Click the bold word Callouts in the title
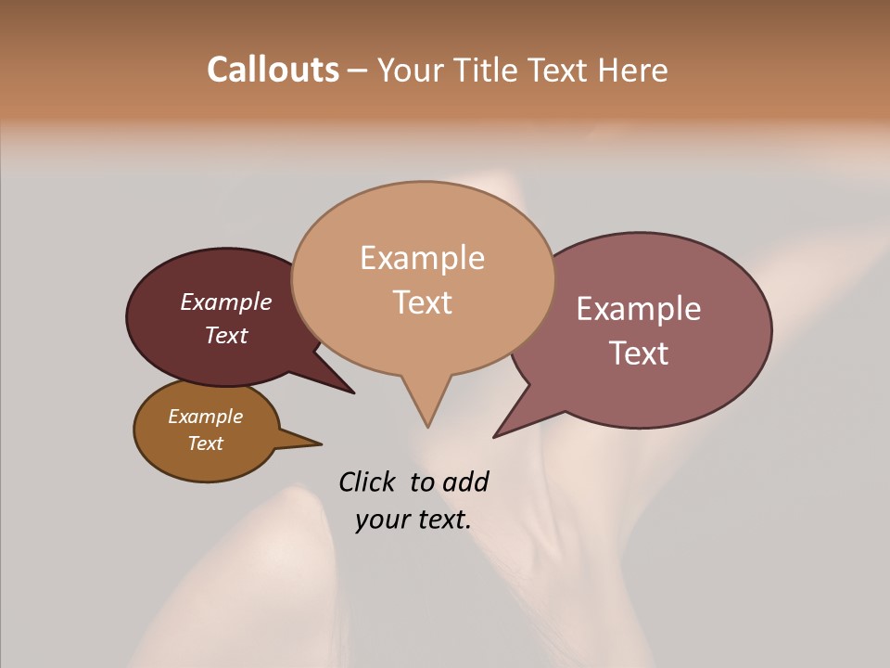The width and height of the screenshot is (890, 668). pyautogui.click(x=273, y=70)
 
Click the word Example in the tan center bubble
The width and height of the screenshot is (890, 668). pyautogui.click(x=422, y=258)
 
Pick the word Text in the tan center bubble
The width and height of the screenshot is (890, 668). pyautogui.click(x=423, y=302)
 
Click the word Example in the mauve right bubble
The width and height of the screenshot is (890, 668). pyautogui.click(x=639, y=309)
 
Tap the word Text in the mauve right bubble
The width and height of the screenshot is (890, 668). pyautogui.click(x=639, y=353)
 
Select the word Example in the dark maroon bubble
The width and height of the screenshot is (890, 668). pyautogui.click(x=226, y=302)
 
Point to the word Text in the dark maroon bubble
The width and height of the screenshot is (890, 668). pyautogui.click(x=226, y=335)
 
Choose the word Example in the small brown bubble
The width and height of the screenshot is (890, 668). pyautogui.click(x=205, y=417)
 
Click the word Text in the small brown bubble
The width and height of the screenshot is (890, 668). pyautogui.click(x=205, y=443)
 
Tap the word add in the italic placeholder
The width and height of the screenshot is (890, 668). pyautogui.click(x=465, y=482)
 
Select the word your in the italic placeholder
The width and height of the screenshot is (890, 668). pyautogui.click(x=382, y=520)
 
